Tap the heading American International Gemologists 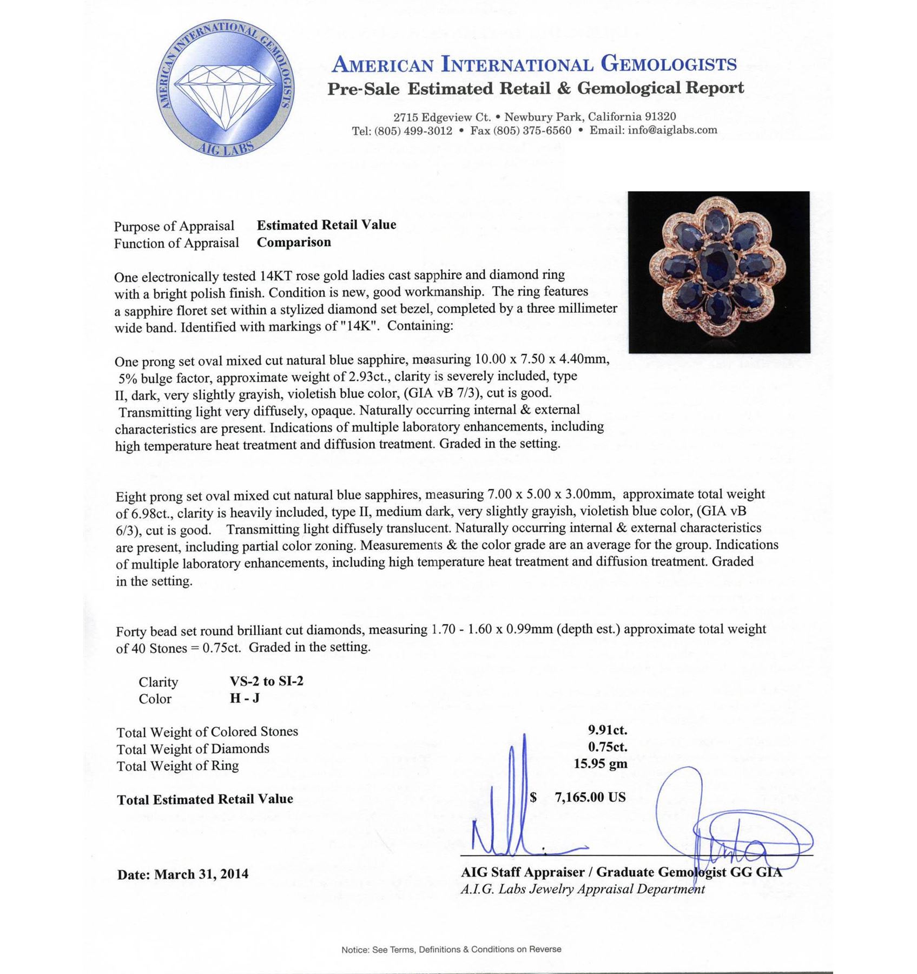533,64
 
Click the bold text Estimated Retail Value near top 326,225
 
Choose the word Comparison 294,242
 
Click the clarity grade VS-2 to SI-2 266,681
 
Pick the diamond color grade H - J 245,698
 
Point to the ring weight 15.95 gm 601,764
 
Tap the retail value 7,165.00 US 590,797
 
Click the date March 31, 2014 201,874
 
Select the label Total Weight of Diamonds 193,749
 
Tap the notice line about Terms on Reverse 451,949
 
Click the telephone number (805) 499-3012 413,130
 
